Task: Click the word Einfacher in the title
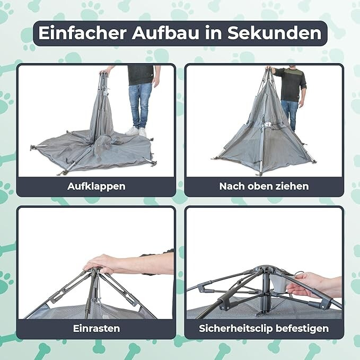click(x=82, y=33)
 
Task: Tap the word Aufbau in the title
click(x=165, y=33)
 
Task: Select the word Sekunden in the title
click(x=274, y=33)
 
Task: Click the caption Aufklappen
click(x=96, y=186)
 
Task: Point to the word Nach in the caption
click(x=230, y=186)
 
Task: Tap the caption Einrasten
click(x=96, y=328)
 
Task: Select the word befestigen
click(x=302, y=329)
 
